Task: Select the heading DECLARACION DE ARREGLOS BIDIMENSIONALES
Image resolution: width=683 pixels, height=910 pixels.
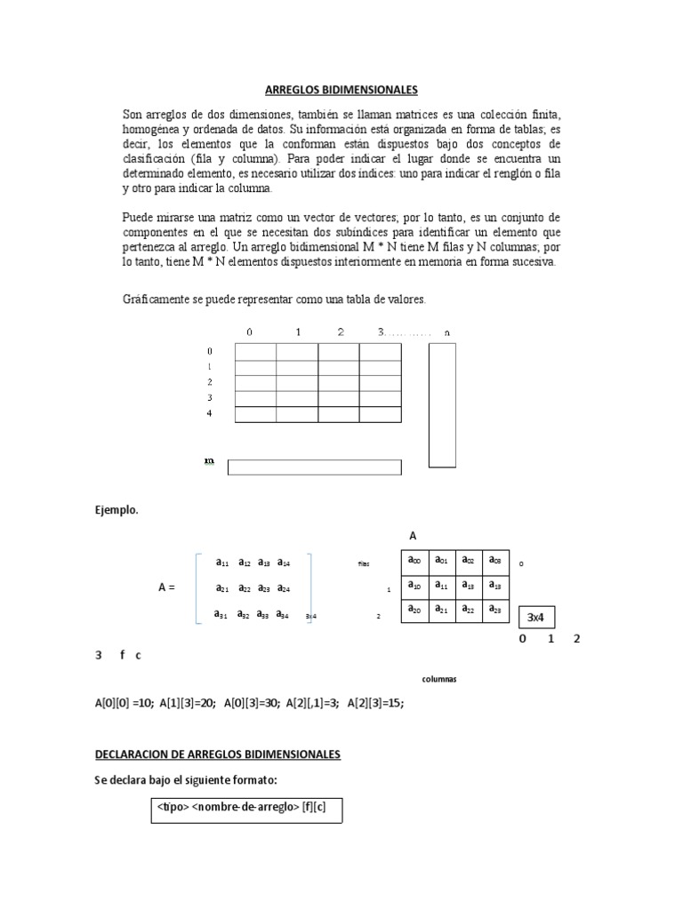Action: tap(218, 754)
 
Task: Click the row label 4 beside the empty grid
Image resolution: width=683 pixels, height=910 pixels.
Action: tap(210, 414)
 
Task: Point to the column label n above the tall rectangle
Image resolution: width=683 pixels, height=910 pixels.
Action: tap(446, 332)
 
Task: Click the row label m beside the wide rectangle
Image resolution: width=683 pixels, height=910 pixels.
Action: tap(209, 461)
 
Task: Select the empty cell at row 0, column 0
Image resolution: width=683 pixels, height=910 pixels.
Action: tap(255, 352)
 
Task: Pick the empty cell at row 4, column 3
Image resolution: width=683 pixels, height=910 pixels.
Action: tap(380, 414)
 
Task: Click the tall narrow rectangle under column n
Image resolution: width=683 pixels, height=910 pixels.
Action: tap(442, 404)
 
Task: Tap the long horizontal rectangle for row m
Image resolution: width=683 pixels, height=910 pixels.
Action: tap(314, 467)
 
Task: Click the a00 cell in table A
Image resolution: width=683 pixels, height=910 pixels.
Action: tap(414, 561)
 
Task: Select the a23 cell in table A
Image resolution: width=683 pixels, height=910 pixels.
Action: tap(494, 610)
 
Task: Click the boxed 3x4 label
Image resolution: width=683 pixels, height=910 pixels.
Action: tap(535, 617)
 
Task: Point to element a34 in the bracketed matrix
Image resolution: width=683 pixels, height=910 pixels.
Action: tap(283, 614)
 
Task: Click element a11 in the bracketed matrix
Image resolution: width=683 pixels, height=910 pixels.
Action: tap(222, 563)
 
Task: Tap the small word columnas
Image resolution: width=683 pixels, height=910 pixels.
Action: tap(439, 679)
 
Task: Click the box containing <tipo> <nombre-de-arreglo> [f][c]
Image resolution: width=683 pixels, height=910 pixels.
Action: tap(245, 810)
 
